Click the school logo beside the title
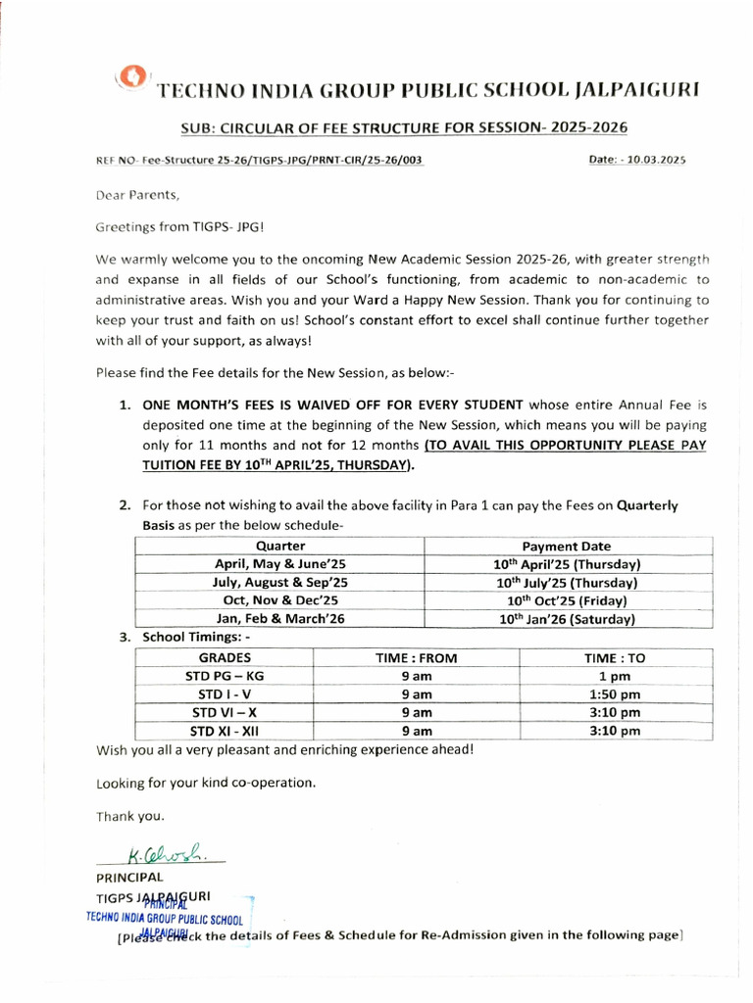pos(133,79)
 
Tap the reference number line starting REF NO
pos(260,160)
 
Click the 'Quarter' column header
pos(280,546)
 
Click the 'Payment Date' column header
pos(566,546)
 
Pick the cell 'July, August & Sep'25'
pos(280,582)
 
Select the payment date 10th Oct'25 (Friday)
pos(566,600)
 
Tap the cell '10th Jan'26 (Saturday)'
pos(566,619)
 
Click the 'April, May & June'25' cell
pos(280,564)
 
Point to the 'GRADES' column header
pos(225,658)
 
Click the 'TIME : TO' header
pos(615,658)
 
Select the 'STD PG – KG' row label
pos(225,676)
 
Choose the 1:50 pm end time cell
pos(615,694)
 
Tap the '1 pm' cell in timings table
pos(615,676)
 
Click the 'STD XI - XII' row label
pos(225,731)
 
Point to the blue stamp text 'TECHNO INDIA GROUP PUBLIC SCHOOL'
pos(164,919)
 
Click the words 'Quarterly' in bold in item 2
pos(647,506)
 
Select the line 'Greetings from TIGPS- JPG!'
pos(179,226)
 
